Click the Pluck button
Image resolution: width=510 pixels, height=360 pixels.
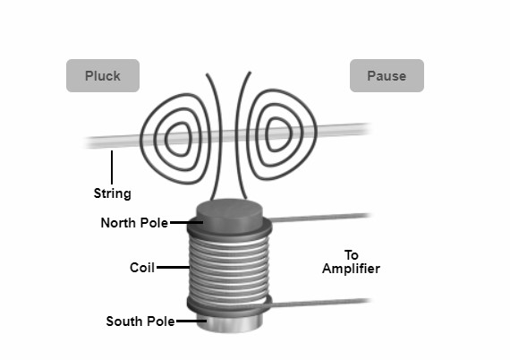click(103, 76)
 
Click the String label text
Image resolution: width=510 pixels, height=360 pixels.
click(112, 193)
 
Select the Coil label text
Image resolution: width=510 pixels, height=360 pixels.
click(144, 267)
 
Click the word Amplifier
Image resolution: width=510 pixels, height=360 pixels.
click(350, 269)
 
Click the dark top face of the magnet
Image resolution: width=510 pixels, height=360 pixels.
click(228, 213)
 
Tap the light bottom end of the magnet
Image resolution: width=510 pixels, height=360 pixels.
click(227, 324)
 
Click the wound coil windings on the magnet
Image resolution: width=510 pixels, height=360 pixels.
click(227, 269)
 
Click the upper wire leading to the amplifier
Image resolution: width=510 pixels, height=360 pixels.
click(322, 217)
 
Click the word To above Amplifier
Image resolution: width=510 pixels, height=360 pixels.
click(351, 254)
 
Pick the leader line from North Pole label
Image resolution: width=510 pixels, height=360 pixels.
click(183, 222)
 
